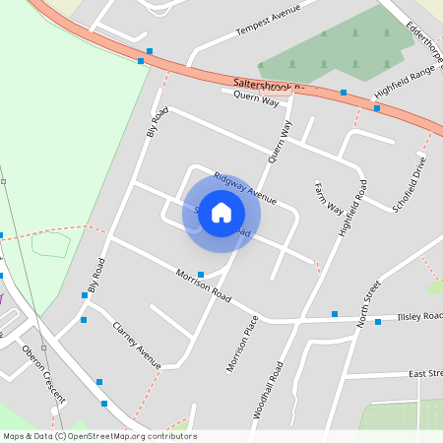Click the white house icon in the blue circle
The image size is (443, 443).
coord(221,212)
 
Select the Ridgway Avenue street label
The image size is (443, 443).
coord(245,181)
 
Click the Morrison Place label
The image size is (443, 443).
coord(242,344)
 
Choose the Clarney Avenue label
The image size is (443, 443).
coord(137,346)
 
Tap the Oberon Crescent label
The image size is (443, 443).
coord(43,375)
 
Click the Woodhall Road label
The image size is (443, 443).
coord(268,390)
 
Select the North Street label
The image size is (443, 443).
coord(369,303)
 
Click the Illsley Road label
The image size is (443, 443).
coord(420,316)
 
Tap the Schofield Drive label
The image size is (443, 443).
coord(410,185)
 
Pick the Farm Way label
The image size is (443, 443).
coord(329,197)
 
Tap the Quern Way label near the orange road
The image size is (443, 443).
coord(257,98)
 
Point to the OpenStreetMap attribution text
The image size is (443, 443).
coord(98,436)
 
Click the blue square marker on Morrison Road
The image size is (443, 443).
coord(201,274)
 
